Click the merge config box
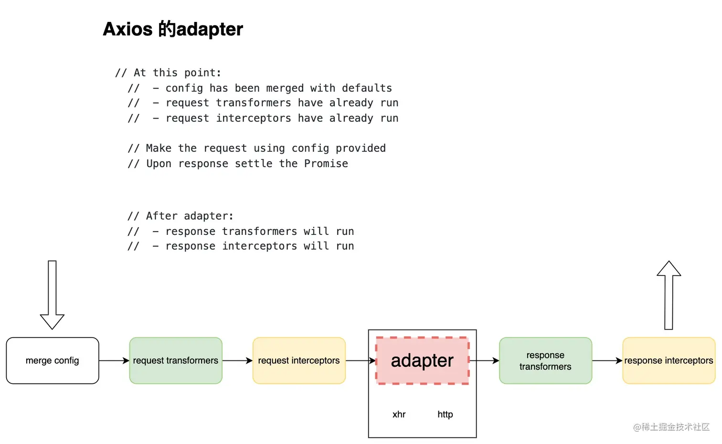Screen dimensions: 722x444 53,360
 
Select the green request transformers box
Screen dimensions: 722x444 176,360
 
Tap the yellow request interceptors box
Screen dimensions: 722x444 299,360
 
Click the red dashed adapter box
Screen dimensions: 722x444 422,360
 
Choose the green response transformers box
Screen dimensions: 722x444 545,360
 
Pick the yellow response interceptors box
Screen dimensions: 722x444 669,360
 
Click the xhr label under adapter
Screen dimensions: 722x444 399,414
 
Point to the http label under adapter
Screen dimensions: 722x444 445,414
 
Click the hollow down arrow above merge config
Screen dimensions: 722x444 52,295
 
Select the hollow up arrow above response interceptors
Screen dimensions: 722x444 669,295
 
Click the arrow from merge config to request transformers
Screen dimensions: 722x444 114,360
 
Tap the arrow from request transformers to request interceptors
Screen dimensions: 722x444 237,360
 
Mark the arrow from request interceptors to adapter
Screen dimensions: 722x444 361,360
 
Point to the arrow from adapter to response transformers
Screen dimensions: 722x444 484,360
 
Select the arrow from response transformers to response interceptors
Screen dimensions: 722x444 607,360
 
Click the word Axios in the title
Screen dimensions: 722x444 127,29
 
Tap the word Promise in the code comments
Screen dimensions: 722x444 326,164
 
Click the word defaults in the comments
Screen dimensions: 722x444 367,88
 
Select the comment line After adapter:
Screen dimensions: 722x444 180,216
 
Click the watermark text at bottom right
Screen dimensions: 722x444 671,427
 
